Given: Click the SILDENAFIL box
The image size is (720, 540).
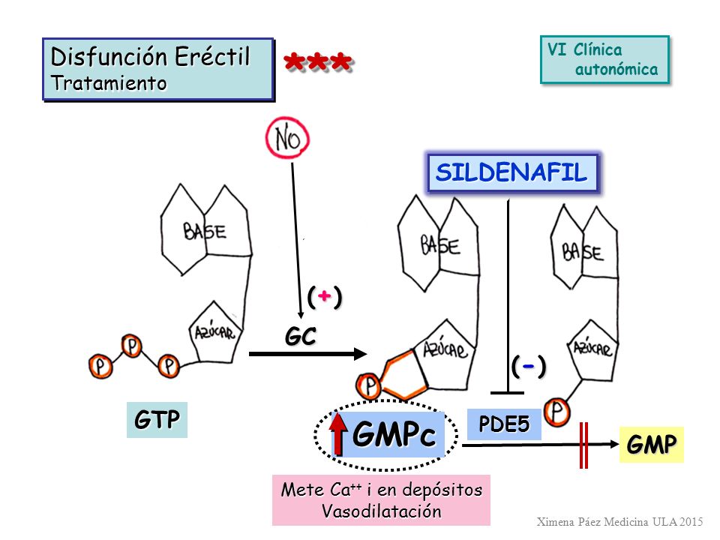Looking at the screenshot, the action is coord(512,172).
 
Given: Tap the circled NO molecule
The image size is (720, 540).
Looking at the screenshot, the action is coord(288,138).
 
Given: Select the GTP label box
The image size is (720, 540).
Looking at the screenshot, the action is coord(157,420).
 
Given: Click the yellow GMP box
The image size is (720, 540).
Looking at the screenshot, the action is coord(652,445).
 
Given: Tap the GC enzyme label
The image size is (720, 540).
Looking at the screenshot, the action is coord(300,337).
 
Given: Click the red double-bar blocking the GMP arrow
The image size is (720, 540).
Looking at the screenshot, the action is coord(583,445).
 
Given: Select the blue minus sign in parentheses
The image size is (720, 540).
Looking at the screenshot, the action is coord(529,367).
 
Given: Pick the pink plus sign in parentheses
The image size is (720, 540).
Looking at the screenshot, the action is coord(325,297).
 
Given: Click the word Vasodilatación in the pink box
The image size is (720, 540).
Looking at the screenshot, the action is coord(381,511).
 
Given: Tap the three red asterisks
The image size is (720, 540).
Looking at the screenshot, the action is coord(318,62).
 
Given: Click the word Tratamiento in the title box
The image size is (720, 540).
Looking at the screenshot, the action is coord(109,83).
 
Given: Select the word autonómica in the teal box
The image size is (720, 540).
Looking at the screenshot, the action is coord(616,69).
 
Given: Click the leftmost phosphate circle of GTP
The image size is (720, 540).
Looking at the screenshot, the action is coord(100,366).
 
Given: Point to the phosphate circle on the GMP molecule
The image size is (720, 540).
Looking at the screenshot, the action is coord(557,412).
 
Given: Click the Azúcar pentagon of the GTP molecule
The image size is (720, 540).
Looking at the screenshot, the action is coord(215,332).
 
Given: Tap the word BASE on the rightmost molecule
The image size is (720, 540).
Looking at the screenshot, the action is coord(583,253).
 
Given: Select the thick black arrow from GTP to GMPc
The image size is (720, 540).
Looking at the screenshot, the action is coord(308,353).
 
